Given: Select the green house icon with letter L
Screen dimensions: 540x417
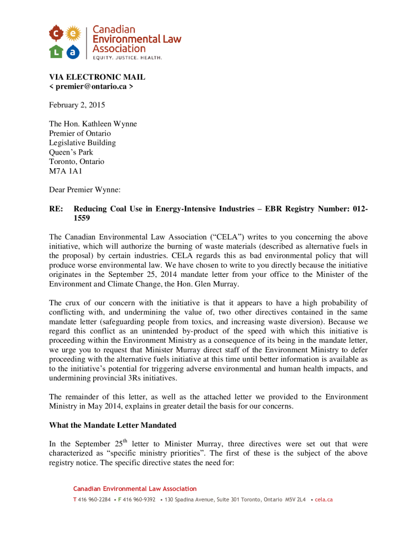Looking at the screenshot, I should (56, 51).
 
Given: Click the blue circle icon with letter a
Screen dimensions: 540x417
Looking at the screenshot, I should (73, 51).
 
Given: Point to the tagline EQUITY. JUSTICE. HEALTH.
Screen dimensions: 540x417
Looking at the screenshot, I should (128, 57).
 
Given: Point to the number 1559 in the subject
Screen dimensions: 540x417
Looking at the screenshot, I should (82, 217).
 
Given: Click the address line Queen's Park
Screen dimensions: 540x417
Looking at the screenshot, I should (71, 152).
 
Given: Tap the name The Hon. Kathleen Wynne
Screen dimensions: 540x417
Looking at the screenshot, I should (93, 124).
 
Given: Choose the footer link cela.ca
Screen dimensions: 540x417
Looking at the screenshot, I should (324, 499).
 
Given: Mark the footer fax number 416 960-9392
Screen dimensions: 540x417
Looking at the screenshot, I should (139, 499).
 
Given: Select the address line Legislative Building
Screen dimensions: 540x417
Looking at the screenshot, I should (82, 143).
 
